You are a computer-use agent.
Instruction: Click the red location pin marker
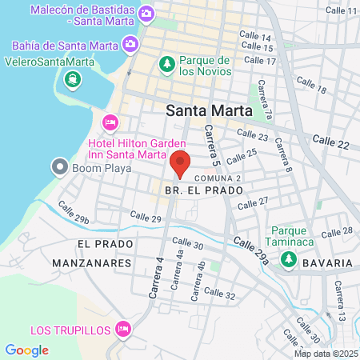point(180,162)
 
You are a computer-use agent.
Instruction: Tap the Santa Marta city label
point(209,111)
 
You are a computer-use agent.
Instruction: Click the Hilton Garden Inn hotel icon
point(110,122)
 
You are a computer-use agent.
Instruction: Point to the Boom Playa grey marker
point(59,167)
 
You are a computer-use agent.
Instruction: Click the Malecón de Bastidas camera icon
point(146,14)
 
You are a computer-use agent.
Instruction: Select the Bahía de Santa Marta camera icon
point(130,45)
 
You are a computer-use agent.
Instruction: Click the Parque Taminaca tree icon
point(287,259)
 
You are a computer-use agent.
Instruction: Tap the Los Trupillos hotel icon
point(123,328)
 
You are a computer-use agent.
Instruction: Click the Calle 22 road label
point(330,142)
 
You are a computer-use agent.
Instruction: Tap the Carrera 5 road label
point(210,141)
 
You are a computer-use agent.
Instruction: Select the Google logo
point(26,350)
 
